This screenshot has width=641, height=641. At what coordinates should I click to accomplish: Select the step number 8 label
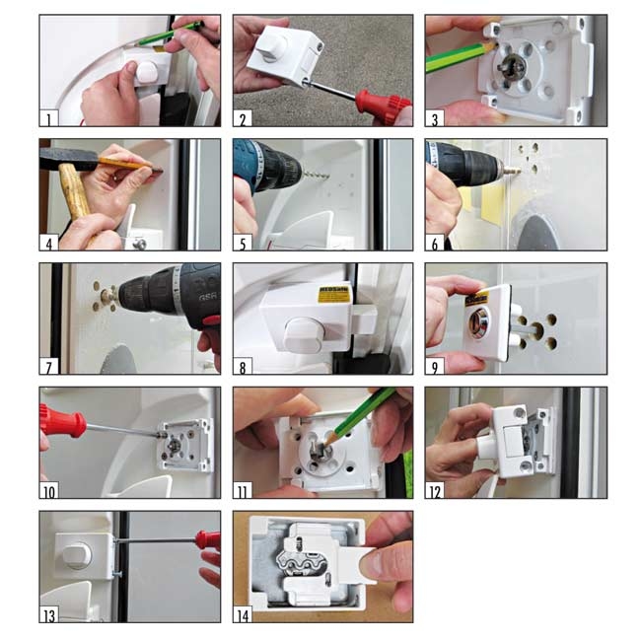(241, 366)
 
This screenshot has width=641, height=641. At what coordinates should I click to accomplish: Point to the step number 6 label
(433, 242)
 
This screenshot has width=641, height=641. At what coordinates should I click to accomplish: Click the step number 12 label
(435, 490)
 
